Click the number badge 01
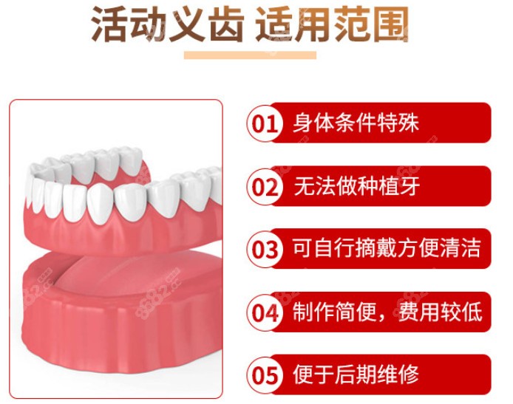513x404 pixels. pos(265,123)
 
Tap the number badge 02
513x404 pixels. pos(265,187)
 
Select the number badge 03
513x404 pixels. pos(265,250)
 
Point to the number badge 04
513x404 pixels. pos(265,312)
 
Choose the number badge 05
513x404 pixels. pos(265,375)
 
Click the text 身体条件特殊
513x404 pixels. pos(356,123)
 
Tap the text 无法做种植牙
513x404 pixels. pos(356,186)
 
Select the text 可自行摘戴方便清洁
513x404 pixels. pos(387,248)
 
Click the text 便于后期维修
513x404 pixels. pos(356,374)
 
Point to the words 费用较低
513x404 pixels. pos(440,312)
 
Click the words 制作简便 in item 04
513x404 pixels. pos(334,312)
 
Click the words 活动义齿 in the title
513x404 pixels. pos(168,24)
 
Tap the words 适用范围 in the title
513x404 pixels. pos(332,24)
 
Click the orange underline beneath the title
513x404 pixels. pos(251,55)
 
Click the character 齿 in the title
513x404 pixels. pos(225,24)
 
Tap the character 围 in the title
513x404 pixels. pos(390,24)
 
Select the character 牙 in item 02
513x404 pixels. pos(410,186)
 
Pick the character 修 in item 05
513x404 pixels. pos(409,374)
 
